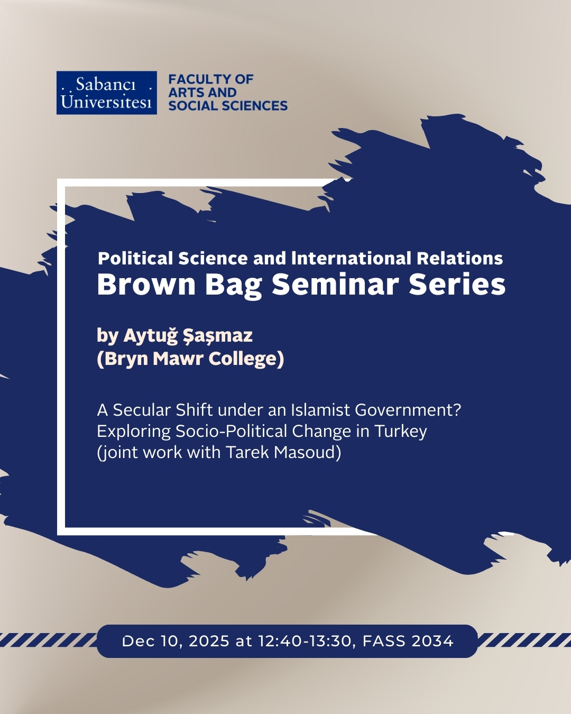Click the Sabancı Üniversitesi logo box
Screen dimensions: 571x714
[106, 93]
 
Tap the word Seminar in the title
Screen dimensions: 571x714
[335, 285]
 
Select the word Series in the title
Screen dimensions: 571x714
[457, 285]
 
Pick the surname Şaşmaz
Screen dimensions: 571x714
[218, 336]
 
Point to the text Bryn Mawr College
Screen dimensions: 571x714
[190, 359]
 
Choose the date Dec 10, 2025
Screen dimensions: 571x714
[176, 641]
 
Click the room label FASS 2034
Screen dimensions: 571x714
[408, 641]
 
